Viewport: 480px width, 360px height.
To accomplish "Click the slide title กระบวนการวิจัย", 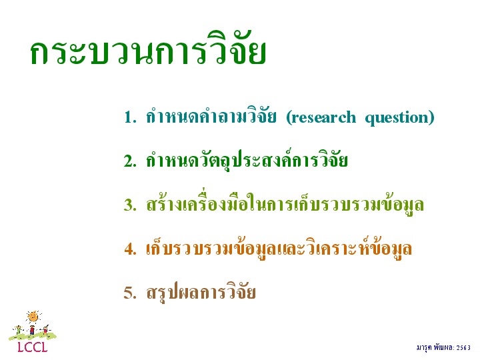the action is point(148,49).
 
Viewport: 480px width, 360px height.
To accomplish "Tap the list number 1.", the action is point(130,117).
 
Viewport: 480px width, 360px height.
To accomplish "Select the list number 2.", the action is point(130,161).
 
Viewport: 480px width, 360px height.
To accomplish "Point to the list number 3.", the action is point(130,205).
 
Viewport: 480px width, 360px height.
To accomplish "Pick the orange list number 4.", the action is point(130,249).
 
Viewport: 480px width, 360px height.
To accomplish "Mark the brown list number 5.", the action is point(130,293).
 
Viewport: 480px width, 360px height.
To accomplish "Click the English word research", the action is point(321,117).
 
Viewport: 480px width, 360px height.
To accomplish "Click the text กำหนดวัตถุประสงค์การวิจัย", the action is point(247,159).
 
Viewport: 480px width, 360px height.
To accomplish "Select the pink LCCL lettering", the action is point(33,347).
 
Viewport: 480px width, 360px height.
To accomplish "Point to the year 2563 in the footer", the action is point(463,347).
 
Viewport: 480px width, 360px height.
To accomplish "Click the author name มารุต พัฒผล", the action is point(435,347).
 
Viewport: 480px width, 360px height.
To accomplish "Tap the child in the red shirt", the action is point(32,330).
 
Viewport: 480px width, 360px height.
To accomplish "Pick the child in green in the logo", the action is point(19,330).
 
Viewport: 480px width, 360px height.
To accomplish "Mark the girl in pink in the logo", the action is point(45,330).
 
